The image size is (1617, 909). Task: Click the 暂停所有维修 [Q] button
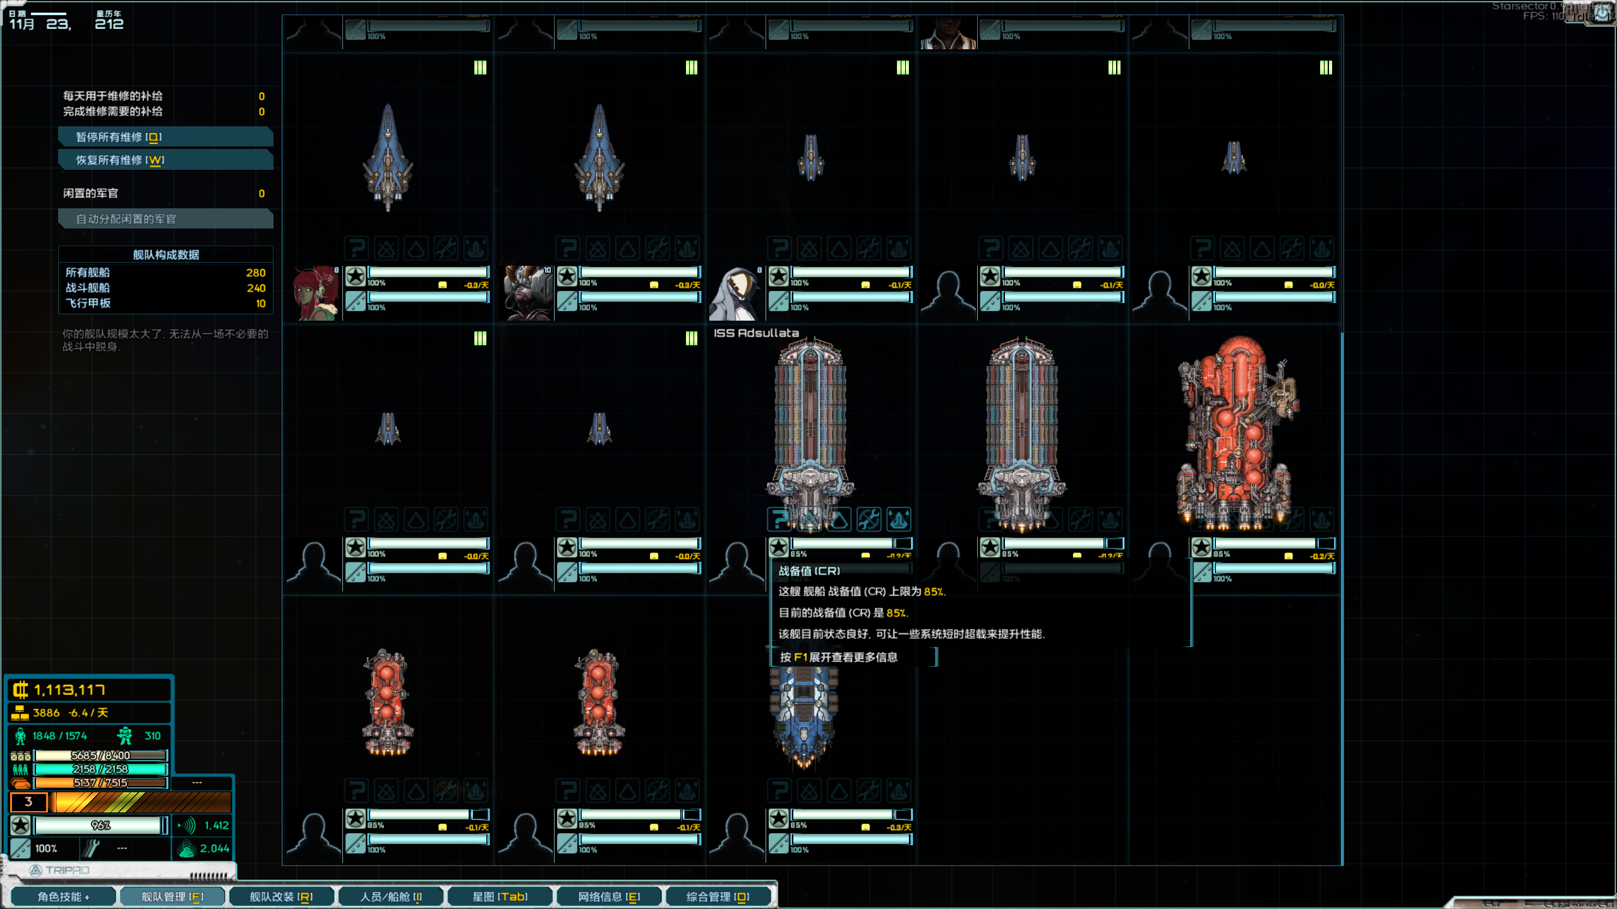point(165,137)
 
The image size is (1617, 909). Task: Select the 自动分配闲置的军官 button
point(165,219)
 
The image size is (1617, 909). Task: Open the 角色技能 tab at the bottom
point(63,897)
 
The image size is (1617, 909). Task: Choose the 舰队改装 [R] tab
point(281,897)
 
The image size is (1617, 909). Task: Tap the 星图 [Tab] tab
point(500,897)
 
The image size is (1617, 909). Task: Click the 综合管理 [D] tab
point(718,897)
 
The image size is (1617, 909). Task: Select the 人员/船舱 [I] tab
point(391,897)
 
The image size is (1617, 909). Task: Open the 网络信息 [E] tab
point(609,897)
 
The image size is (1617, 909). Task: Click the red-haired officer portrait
point(315,294)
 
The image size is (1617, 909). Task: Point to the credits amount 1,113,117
point(69,690)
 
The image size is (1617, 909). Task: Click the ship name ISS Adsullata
point(756,333)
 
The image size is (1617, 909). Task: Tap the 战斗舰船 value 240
point(256,288)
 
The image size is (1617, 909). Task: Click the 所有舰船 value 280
point(256,273)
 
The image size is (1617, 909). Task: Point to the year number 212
point(109,24)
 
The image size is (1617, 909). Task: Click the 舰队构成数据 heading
point(165,255)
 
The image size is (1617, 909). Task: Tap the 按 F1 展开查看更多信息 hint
point(838,657)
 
